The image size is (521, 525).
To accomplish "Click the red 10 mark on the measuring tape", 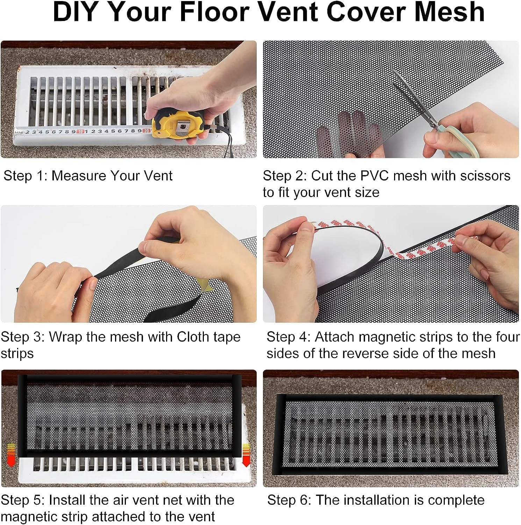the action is (x=81, y=132).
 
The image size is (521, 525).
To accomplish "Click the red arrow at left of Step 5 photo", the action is (x=11, y=454).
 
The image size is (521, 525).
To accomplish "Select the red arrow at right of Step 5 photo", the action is (x=247, y=455).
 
